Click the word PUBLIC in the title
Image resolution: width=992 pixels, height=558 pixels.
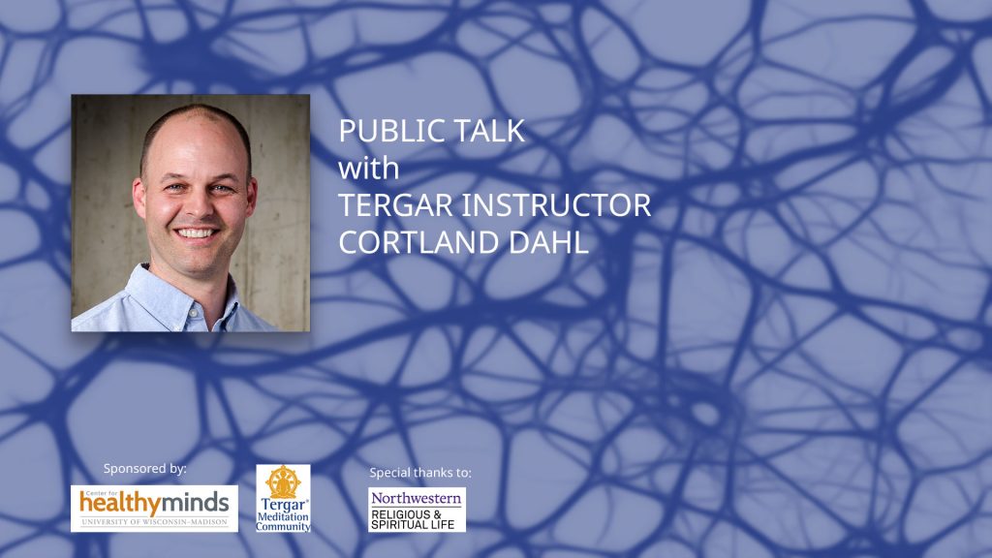[386, 131]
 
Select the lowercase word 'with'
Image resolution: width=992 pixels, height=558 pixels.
[369, 169]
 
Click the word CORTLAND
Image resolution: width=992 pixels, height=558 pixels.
[418, 242]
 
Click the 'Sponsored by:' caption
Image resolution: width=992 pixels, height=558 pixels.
[145, 469]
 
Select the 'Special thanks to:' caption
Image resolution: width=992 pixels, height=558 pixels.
[420, 473]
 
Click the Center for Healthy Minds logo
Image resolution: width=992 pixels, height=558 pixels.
[154, 509]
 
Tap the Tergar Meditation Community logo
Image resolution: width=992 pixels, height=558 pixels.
[283, 499]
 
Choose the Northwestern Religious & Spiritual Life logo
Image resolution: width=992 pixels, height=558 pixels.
[417, 510]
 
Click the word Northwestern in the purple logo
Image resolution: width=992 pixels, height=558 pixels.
[417, 498]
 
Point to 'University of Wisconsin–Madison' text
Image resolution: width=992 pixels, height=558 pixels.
[154, 522]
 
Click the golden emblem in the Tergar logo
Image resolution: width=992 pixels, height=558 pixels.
[283, 482]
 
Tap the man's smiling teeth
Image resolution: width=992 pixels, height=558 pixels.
[196, 233]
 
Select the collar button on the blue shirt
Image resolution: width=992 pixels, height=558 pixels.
[194, 313]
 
